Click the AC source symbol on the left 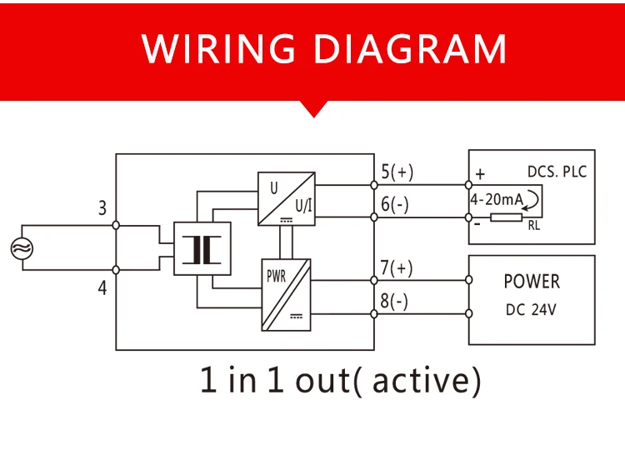[x=22, y=248]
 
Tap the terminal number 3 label [x=102, y=208]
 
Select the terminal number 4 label [x=102, y=287]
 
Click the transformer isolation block [x=202, y=248]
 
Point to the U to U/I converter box [x=286, y=199]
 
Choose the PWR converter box [x=286, y=295]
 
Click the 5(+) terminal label [x=397, y=172]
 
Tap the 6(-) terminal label [x=395, y=204]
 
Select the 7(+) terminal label [x=396, y=267]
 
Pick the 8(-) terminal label [x=394, y=301]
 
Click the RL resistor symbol [x=506, y=217]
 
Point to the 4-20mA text [x=497, y=199]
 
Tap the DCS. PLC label [x=557, y=172]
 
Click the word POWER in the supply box [x=532, y=282]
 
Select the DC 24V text [x=531, y=310]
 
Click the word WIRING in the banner [x=218, y=48]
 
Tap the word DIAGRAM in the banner [x=410, y=48]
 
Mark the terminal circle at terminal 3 [x=116, y=225]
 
